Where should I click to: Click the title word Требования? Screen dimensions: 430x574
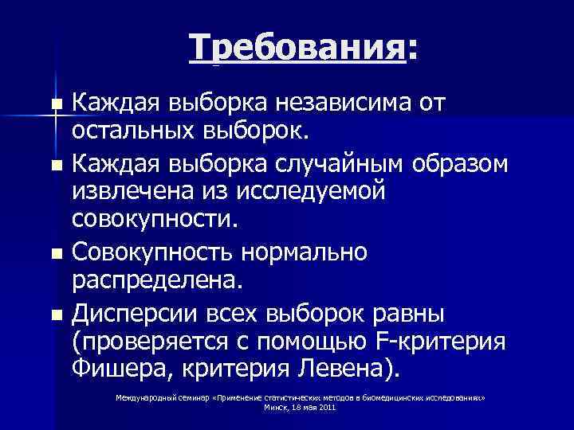pyautogui.click(x=297, y=49)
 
